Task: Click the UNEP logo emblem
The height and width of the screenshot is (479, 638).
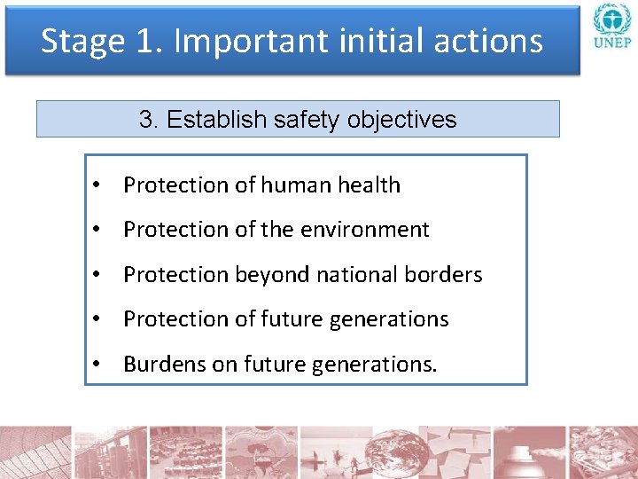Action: [x=611, y=20]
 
